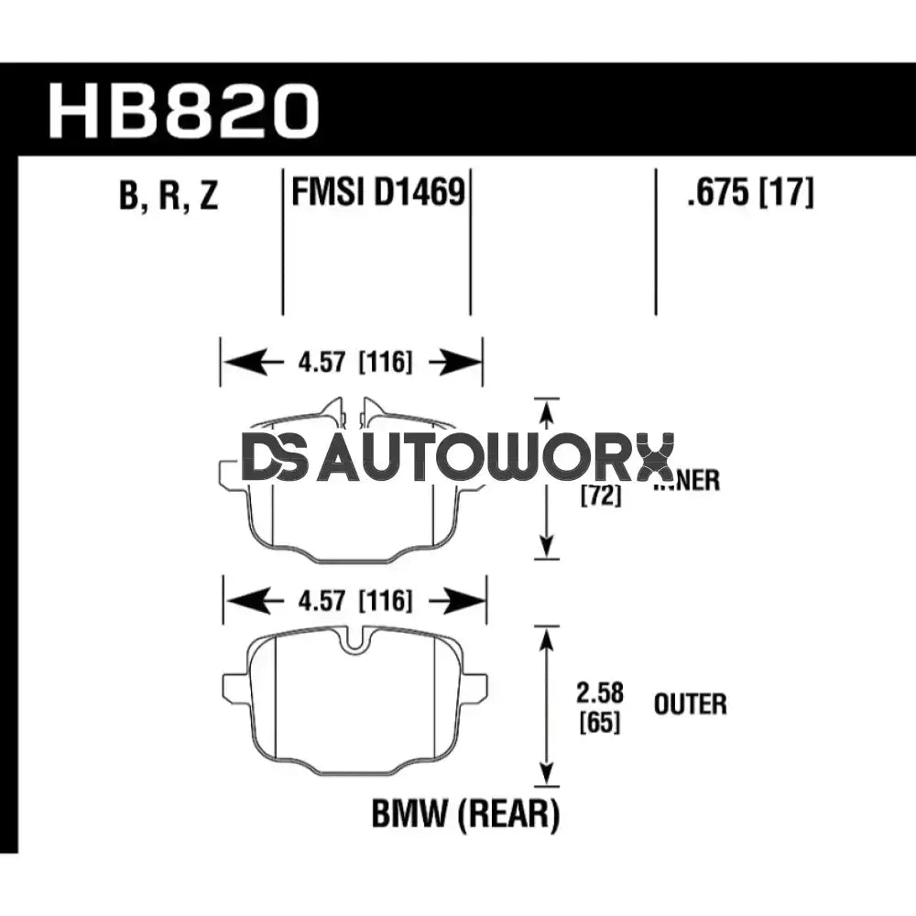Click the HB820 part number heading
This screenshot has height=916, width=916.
183,111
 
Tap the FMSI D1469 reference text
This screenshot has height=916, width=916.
376,193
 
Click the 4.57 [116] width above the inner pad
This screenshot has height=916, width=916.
352,363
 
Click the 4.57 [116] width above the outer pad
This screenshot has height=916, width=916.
354,602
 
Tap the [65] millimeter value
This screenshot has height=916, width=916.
600,722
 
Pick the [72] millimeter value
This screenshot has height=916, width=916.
600,496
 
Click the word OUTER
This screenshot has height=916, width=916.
690,704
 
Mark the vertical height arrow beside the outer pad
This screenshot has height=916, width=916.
547,705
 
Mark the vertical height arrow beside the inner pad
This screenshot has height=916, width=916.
547,478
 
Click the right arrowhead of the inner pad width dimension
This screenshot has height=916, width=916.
465,363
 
